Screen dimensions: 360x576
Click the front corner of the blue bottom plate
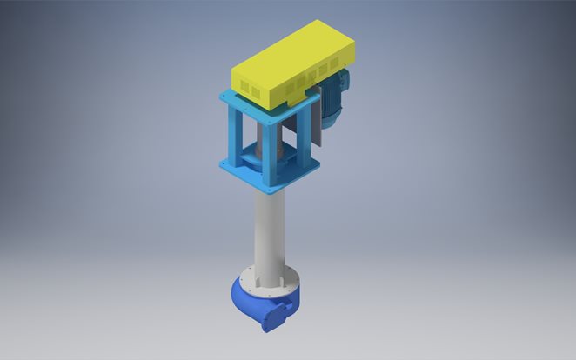point(272,190)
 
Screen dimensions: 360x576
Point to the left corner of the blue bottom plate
point(222,164)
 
